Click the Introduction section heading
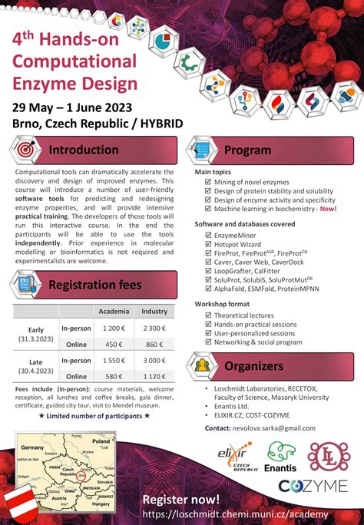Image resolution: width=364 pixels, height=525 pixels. click(x=84, y=150)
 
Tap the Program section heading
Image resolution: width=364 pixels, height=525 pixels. click(x=247, y=150)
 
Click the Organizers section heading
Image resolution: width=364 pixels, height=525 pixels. click(x=253, y=366)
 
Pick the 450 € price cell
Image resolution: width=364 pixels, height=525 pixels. click(x=114, y=344)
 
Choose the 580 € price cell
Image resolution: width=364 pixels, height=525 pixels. click(x=114, y=376)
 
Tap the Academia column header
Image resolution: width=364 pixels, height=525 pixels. click(x=114, y=312)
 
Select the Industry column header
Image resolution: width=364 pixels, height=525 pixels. click(x=154, y=312)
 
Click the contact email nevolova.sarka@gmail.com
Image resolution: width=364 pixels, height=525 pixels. click(x=275, y=428)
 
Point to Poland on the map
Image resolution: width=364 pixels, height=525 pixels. click(x=101, y=442)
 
